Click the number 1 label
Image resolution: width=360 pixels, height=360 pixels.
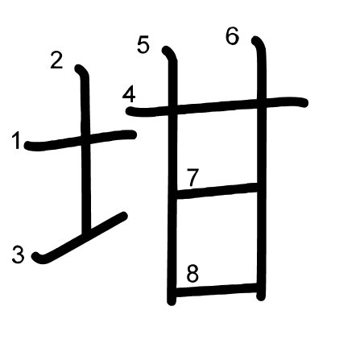[17, 141]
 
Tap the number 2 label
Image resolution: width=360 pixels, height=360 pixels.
[56, 60]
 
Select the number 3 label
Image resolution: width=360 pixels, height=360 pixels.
[19, 254]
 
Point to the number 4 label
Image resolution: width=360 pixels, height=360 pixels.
[129, 95]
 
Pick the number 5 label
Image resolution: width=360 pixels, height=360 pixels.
[143, 45]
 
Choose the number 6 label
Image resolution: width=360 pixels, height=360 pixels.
[232, 36]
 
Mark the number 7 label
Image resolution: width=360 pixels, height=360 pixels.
[193, 177]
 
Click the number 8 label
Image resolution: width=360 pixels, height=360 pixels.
[192, 274]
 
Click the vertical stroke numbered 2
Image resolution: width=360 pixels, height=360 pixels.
[85, 147]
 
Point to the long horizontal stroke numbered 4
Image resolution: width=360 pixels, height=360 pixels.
[217, 106]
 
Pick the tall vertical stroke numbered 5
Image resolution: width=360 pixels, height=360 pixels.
[172, 176]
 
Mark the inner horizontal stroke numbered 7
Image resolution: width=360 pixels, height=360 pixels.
[217, 191]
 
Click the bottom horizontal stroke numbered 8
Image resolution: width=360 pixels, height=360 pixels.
[216, 290]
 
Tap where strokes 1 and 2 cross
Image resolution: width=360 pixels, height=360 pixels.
[85, 139]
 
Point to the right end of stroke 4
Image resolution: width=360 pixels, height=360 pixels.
[305, 102]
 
